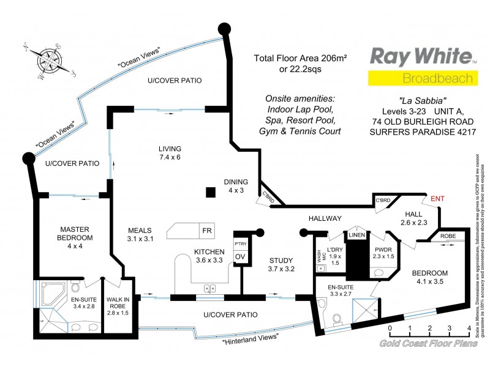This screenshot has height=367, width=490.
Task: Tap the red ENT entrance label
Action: click(437, 198)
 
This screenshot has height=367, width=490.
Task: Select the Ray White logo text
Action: click(421, 57)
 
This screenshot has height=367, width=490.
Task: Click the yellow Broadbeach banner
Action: click(421, 78)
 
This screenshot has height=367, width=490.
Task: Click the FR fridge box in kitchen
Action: click(189, 231)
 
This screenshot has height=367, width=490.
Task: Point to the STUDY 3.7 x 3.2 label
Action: click(282, 264)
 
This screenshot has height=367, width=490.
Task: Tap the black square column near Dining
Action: click(210, 192)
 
